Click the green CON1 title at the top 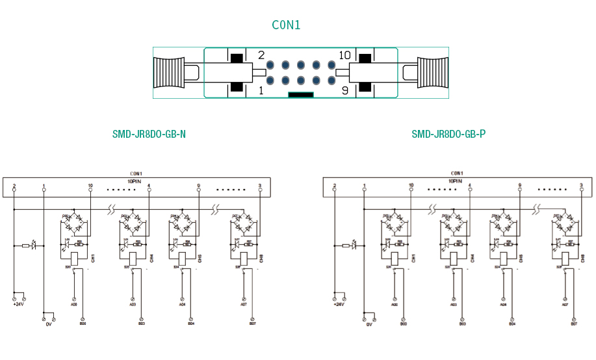click(286, 25)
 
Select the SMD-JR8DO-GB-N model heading click(149, 135)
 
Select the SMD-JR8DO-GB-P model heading click(448, 135)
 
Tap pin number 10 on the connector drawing click(344, 56)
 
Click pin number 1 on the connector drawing click(261, 91)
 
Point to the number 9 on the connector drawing click(344, 91)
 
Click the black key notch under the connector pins click(301, 95)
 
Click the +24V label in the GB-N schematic click(18, 303)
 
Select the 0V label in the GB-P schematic click(369, 323)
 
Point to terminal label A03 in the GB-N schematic click(133, 303)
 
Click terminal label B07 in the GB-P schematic click(574, 323)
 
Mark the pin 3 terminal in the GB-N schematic click(260, 188)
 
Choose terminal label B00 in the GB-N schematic click(83, 323)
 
